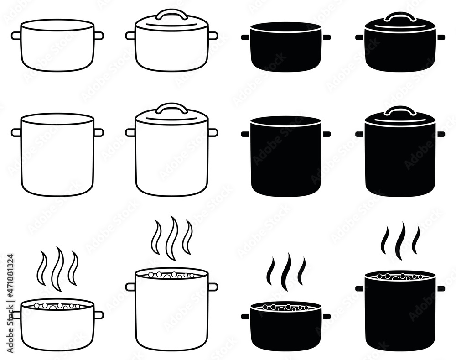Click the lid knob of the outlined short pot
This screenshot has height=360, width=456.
click(x=171, y=14)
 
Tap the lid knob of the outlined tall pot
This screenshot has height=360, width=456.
click(x=171, y=108)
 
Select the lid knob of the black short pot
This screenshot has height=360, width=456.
click(x=400, y=17)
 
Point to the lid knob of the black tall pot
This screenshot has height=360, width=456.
click(x=400, y=110)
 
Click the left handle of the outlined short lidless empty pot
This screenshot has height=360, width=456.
click(x=16, y=36)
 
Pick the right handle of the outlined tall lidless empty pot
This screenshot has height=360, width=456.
click(x=98, y=132)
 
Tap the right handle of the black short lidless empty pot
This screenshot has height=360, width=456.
click(x=326, y=37)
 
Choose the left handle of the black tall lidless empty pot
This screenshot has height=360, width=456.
click(x=245, y=134)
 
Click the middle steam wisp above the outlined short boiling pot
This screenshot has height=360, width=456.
click(x=57, y=269)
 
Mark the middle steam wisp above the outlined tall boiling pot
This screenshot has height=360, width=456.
click(x=172, y=238)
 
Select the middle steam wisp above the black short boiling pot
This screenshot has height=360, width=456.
click(x=286, y=272)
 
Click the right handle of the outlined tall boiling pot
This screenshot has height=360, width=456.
click(x=213, y=287)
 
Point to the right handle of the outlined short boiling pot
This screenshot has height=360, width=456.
click(x=98, y=315)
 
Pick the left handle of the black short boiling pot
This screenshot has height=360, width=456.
click(x=245, y=316)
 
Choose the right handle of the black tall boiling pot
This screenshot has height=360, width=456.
click(x=441, y=288)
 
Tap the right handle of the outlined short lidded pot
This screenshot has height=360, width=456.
click(x=213, y=36)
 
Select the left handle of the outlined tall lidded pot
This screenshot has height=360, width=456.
click(x=130, y=132)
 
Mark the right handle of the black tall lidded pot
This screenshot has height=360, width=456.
click(x=441, y=134)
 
